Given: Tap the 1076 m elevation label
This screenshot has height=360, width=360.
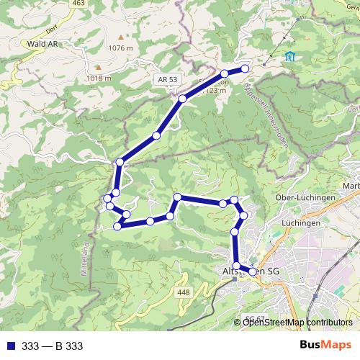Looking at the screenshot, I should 121,48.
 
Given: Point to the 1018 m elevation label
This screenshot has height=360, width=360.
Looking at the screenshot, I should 99,78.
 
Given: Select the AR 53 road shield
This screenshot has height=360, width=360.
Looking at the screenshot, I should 166,81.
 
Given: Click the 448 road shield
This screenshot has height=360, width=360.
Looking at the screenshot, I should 183,292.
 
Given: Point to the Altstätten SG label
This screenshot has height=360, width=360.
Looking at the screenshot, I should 248,271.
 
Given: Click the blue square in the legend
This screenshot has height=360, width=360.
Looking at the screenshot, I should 8,346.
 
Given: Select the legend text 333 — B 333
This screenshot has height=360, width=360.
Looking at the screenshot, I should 52,346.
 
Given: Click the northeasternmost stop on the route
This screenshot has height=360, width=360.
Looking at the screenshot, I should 245,68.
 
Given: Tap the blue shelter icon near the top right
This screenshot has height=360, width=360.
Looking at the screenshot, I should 289,57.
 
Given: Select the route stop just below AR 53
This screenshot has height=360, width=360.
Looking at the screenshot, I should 183,98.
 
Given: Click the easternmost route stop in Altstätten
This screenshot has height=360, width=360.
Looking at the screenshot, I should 253,271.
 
